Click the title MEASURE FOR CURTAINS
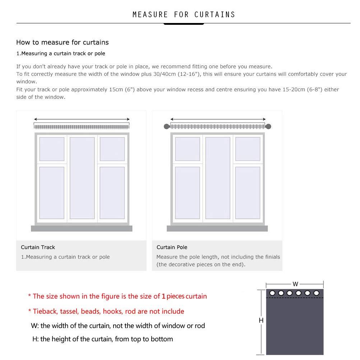click(184, 15)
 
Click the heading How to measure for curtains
click(63, 42)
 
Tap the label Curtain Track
click(38, 247)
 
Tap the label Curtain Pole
click(172, 247)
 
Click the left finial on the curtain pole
click(167, 126)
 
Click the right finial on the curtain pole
click(268, 126)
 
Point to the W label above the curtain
click(295, 284)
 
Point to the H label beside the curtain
click(261, 320)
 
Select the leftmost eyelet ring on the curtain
click(272, 293)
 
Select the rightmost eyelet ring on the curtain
click(317, 293)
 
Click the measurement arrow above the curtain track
click(82, 119)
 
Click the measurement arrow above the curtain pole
click(218, 119)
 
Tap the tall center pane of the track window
click(82, 178)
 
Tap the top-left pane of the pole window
click(187, 149)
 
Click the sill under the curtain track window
click(82, 229)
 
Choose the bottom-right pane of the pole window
click(248, 193)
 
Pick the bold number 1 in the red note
click(163, 296)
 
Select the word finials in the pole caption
click(273, 257)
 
